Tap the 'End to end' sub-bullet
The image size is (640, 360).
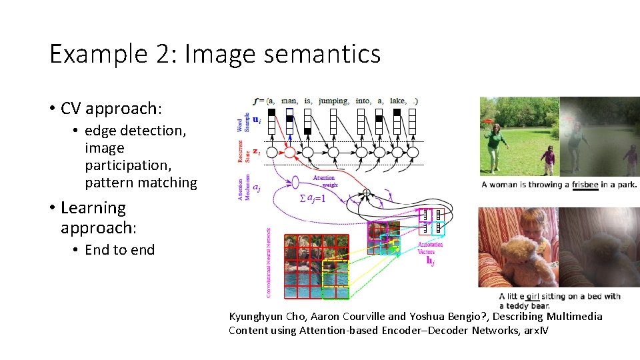coord(119,250)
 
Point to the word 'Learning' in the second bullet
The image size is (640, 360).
coord(93,208)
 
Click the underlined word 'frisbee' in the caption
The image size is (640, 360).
coord(585,185)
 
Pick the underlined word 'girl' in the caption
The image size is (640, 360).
coord(533,297)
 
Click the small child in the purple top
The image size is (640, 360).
coord(548,160)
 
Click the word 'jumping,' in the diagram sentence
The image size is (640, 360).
coord(333,101)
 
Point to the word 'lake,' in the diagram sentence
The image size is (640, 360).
coord(397,101)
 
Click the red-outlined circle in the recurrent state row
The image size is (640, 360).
coord(289,153)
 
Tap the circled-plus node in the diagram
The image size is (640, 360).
coord(365,193)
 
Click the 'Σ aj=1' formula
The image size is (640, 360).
coord(312,199)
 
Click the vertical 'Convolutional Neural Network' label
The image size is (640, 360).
coord(269,263)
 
